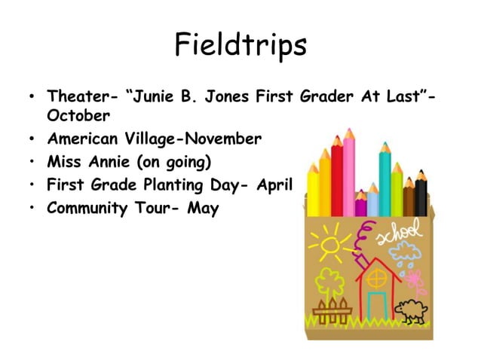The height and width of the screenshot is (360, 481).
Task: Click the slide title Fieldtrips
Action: click(x=240, y=44)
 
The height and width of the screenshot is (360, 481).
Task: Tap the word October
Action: click(x=78, y=117)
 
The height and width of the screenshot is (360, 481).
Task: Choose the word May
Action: click(x=203, y=209)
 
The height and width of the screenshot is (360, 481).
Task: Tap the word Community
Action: click(x=85, y=209)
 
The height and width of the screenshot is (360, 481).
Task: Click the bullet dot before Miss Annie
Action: click(x=32, y=162)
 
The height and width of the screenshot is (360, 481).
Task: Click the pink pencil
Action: click(x=349, y=169)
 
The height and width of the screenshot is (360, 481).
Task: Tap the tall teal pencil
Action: click(x=384, y=177)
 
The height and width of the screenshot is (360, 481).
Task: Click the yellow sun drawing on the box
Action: click(x=329, y=244)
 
